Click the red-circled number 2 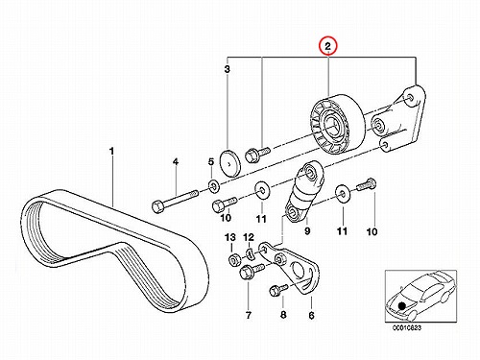coord(327,47)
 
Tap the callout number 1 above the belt coord(111,151)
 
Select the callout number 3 coord(227,69)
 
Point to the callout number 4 coord(176,162)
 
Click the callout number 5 coord(211,162)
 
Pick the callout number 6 coord(311,315)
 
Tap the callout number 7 coord(249,315)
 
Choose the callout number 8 coord(283,315)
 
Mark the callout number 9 coord(307,230)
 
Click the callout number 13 coord(230,237)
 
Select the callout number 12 coord(249,237)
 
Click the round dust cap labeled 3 coord(230,163)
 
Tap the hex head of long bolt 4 coord(158,206)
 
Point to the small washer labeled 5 coord(213,185)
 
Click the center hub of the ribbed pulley coord(333,126)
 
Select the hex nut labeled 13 coord(233,259)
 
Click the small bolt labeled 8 coord(278,290)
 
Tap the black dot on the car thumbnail coord(401,305)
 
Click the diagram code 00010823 coord(407,328)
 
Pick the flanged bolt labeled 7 coord(252,272)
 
